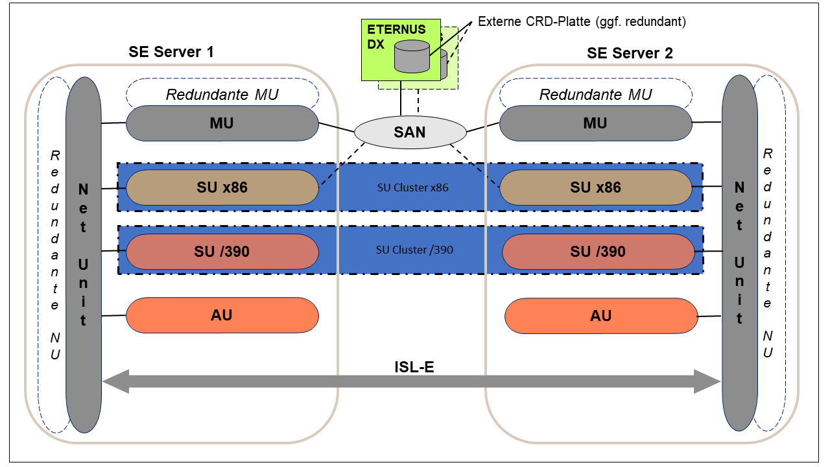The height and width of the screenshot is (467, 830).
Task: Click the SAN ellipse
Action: pyautogui.click(x=410, y=132)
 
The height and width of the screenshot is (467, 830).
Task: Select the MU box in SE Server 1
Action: pyautogui.click(x=222, y=123)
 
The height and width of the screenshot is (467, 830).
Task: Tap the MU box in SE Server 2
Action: pyautogui.click(x=595, y=123)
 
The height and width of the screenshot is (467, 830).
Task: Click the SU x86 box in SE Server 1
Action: pyautogui.click(x=222, y=187)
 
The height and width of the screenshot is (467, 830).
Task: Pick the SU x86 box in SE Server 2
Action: pyautogui.click(x=595, y=187)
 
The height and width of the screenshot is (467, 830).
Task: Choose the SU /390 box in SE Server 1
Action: pyautogui.click(x=222, y=251)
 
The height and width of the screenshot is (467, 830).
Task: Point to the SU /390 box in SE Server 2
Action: pyautogui.click(x=597, y=251)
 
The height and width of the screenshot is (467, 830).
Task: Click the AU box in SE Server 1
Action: pyautogui.click(x=222, y=315)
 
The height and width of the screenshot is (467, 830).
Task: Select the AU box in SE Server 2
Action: pyautogui.click(x=600, y=316)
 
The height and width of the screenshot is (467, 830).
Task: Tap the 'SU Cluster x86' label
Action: pyautogui.click(x=412, y=188)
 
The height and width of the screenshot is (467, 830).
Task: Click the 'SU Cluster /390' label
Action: pyautogui.click(x=414, y=250)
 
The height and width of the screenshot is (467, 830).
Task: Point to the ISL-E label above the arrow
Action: pyautogui.click(x=414, y=367)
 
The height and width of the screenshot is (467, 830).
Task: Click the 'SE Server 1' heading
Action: pyautogui.click(x=171, y=53)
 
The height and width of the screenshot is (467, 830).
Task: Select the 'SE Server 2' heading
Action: pyautogui.click(x=630, y=53)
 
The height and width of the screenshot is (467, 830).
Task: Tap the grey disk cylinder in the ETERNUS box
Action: pyautogui.click(x=412, y=56)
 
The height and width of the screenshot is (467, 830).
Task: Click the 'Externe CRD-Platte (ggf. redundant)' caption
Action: pyautogui.click(x=582, y=21)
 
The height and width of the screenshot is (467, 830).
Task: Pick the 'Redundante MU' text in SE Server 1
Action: pyautogui.click(x=222, y=95)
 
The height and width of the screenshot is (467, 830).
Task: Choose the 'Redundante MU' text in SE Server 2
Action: pyautogui.click(x=595, y=95)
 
